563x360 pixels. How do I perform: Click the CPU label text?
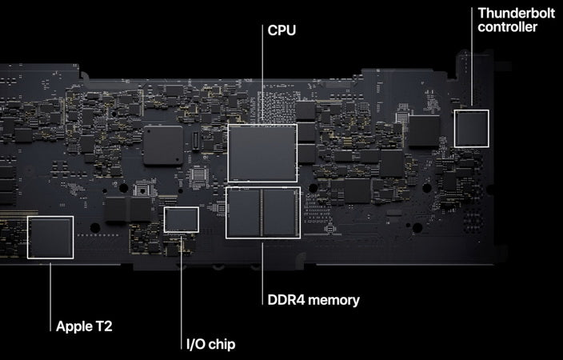coord(281,30)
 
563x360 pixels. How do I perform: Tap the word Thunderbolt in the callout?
coord(517,14)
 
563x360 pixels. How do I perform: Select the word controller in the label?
coord(507,27)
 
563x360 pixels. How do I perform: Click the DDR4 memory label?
coord(313,300)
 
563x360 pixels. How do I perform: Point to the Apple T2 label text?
coord(84,326)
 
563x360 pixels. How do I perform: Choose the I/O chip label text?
coord(211,344)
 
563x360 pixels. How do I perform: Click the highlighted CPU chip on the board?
coord(262,153)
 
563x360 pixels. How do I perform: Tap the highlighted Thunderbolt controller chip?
coord(472,129)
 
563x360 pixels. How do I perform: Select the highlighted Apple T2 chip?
coord(50,237)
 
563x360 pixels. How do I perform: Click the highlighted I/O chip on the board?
coord(182,219)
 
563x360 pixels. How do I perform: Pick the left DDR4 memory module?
coord(244,213)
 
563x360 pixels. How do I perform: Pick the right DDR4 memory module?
coord(280,213)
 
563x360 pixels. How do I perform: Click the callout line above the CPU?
coord(262,74)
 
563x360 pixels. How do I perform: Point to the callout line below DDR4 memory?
coord(262,274)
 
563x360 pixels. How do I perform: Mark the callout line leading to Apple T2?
coord(50,297)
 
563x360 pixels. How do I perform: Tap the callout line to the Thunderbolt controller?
coord(472,57)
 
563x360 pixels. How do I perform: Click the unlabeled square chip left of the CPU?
coord(163,145)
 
